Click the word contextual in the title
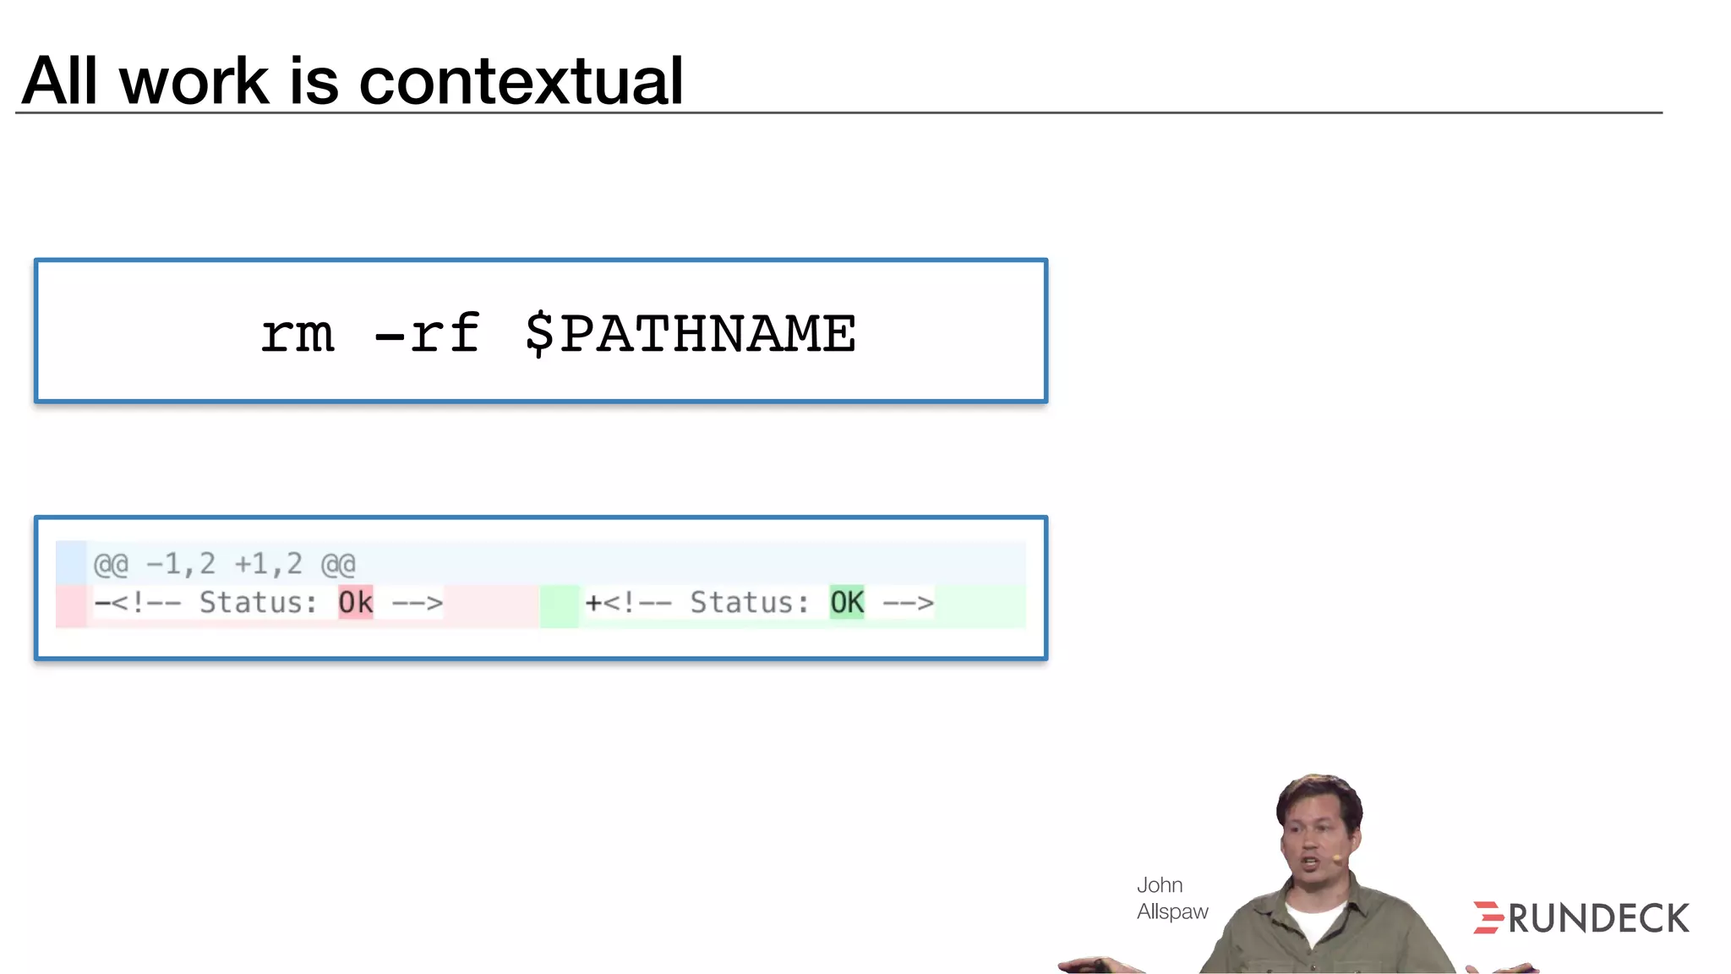tap(521, 81)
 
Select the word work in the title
tap(194, 83)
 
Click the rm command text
tap(298, 334)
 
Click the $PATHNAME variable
tap(690, 334)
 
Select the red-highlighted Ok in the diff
tap(355, 603)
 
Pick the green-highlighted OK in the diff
tap(846, 603)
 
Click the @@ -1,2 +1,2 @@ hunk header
tap(224, 564)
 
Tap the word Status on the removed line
tap(258, 603)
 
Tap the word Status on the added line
tap(749, 603)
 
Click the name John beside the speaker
tap(1159, 885)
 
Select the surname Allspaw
tap(1172, 911)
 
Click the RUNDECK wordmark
tap(1598, 919)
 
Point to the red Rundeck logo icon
tap(1488, 917)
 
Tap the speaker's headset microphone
tap(1337, 859)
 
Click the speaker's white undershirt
tap(1313, 922)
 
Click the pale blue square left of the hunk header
tap(71, 563)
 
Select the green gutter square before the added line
tap(559, 606)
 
